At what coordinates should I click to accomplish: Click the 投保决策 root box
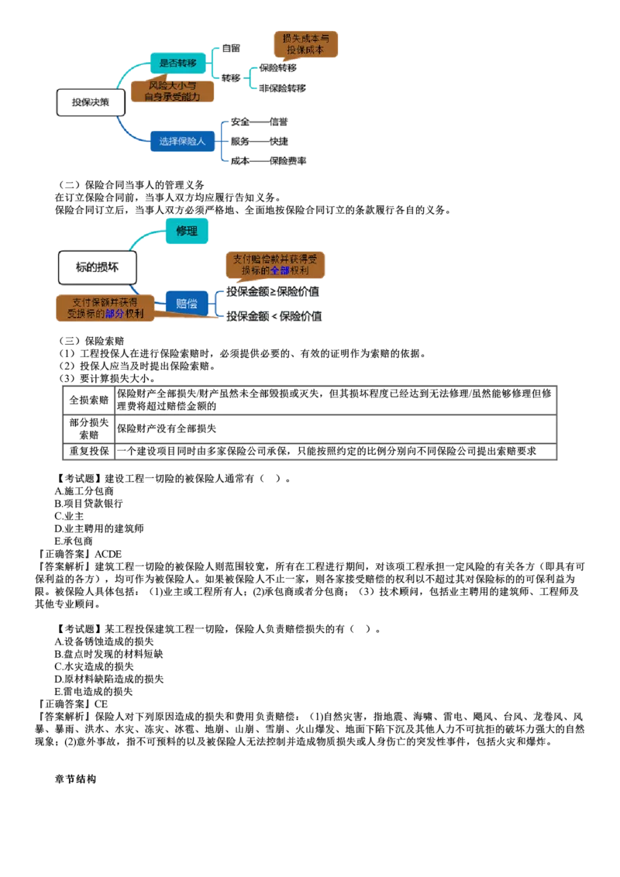[91, 102]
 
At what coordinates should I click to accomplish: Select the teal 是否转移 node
[177, 63]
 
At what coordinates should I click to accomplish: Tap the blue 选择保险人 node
[182, 141]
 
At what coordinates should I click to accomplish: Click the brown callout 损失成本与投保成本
[306, 43]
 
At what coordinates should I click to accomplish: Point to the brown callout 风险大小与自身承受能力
[172, 91]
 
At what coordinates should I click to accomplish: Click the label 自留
[230, 48]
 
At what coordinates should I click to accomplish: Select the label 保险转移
[278, 68]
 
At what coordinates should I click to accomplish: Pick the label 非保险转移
[283, 88]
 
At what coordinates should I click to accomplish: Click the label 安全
[239, 122]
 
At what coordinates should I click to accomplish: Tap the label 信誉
[278, 122]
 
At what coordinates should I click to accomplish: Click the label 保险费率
[288, 161]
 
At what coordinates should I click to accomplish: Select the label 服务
[239, 142]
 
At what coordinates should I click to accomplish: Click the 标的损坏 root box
[97, 267]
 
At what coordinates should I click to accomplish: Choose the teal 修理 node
[187, 231]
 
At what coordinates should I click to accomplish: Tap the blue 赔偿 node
[187, 303]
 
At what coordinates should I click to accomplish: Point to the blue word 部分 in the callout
[114, 314]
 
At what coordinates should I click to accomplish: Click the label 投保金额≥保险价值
[273, 291]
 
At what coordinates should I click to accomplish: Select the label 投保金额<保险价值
[274, 316]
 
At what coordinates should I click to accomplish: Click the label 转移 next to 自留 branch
[230, 78]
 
